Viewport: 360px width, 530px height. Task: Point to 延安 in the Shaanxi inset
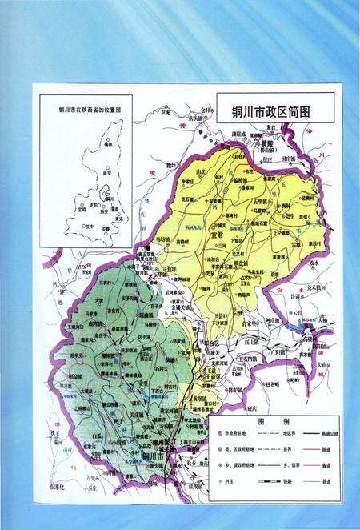(x=111, y=171)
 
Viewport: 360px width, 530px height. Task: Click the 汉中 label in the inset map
(x=89, y=227)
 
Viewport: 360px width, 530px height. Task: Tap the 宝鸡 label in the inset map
(x=82, y=207)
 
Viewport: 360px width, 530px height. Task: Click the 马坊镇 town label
(x=162, y=239)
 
